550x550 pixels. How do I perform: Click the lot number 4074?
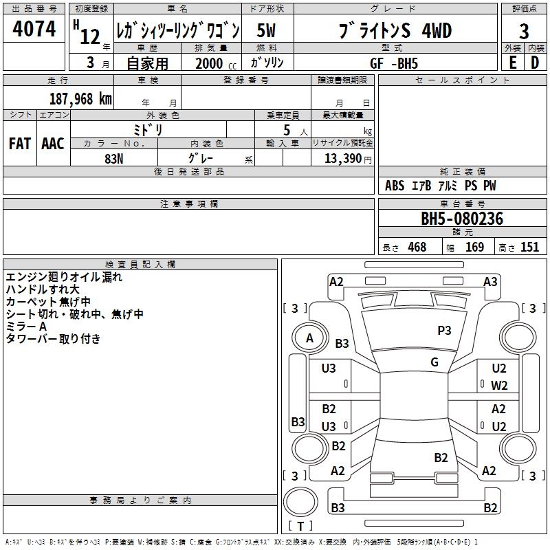tap(34, 28)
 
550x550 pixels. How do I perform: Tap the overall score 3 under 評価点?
tap(524, 31)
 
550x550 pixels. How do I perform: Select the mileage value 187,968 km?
tap(80, 98)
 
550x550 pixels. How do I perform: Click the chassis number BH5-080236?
tap(462, 219)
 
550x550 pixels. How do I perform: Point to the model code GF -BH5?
tap(394, 63)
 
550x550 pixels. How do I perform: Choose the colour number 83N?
tap(114, 159)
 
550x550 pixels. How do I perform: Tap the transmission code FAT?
tap(20, 144)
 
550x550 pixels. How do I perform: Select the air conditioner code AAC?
tap(53, 144)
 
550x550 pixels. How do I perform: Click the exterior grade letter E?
tap(513, 63)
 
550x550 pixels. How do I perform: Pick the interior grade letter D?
tap(535, 63)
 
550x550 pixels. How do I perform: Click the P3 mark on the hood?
tap(444, 331)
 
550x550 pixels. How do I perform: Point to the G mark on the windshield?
tap(434, 362)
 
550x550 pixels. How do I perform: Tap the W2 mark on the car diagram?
tap(499, 386)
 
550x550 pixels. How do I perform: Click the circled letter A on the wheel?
tap(309, 338)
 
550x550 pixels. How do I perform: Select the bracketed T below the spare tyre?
tap(300, 526)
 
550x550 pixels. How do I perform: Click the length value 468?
tap(417, 247)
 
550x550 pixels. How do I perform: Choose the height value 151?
tap(529, 247)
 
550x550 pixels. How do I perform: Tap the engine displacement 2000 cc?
tap(216, 63)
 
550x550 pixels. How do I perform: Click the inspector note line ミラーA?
tap(26, 327)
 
